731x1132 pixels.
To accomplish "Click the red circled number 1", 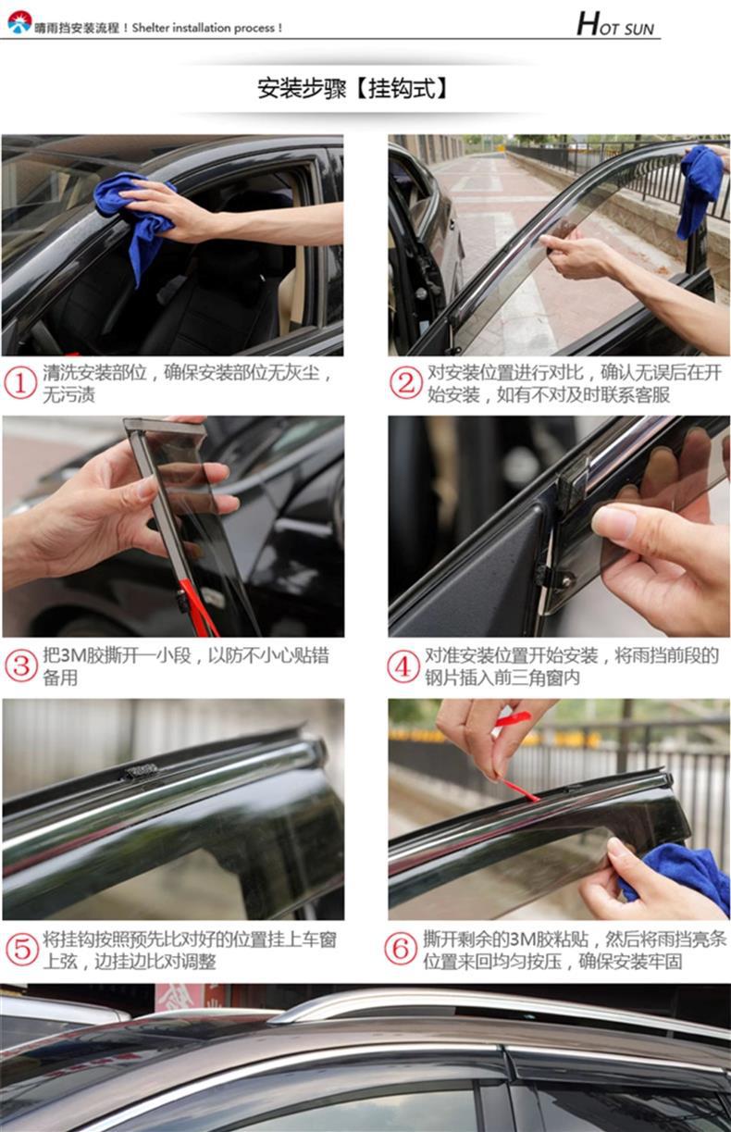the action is (20, 384).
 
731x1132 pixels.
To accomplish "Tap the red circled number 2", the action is (405, 383).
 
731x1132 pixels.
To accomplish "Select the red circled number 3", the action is (21, 666).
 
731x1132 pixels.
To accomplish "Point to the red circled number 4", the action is (403, 667).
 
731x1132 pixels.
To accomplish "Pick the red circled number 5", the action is (21, 949).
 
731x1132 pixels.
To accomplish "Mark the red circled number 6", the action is (401, 949).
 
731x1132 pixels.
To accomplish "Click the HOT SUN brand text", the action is (615, 24).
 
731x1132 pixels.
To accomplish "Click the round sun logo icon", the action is (19, 22).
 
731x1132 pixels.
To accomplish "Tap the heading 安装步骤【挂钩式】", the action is (353, 89).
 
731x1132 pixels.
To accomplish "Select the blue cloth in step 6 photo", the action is (675, 878).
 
